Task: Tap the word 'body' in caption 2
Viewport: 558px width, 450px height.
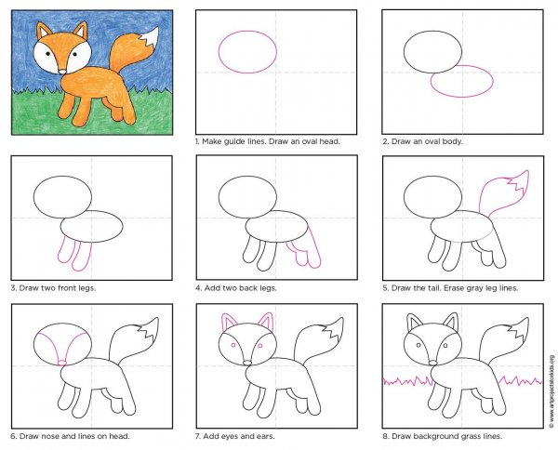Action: pos(453,142)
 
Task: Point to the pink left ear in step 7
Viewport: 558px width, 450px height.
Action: pos(227,322)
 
